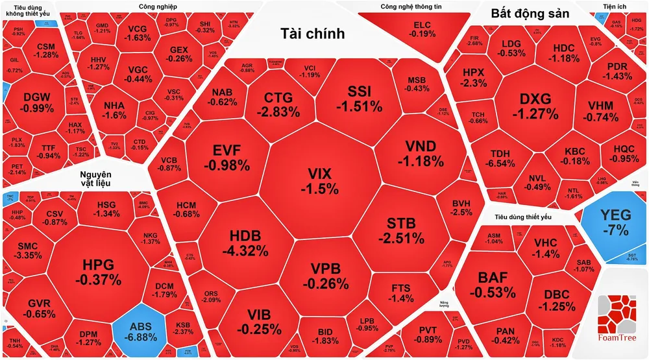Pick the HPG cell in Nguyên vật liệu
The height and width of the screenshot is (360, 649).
click(98, 272)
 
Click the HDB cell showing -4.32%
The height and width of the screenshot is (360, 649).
click(244, 241)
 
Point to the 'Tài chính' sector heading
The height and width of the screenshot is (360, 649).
click(312, 34)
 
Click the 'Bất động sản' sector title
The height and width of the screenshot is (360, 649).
click(530, 13)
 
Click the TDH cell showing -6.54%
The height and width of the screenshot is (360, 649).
click(503, 158)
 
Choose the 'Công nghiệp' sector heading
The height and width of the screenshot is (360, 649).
click(158, 6)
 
